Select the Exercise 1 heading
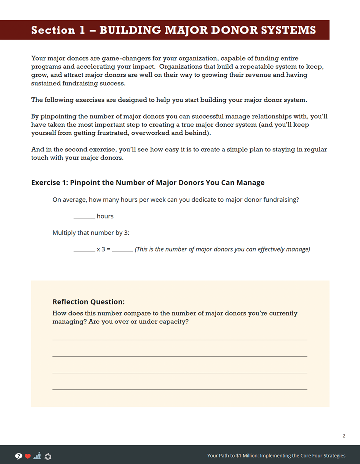click(148, 183)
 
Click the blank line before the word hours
click(84, 217)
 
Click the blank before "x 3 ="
click(84, 250)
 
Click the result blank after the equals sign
click(122, 250)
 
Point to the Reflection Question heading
click(88, 302)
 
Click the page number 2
click(344, 436)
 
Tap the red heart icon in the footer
click(28, 456)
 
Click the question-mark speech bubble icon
click(19, 456)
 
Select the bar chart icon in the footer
click(37, 456)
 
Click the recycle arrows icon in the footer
click(48, 456)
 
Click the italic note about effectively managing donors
click(222, 249)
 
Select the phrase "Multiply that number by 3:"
click(91, 233)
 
